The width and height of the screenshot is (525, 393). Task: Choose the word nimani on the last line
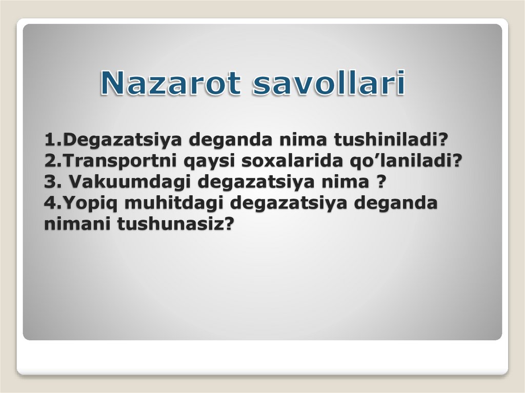tap(77, 224)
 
